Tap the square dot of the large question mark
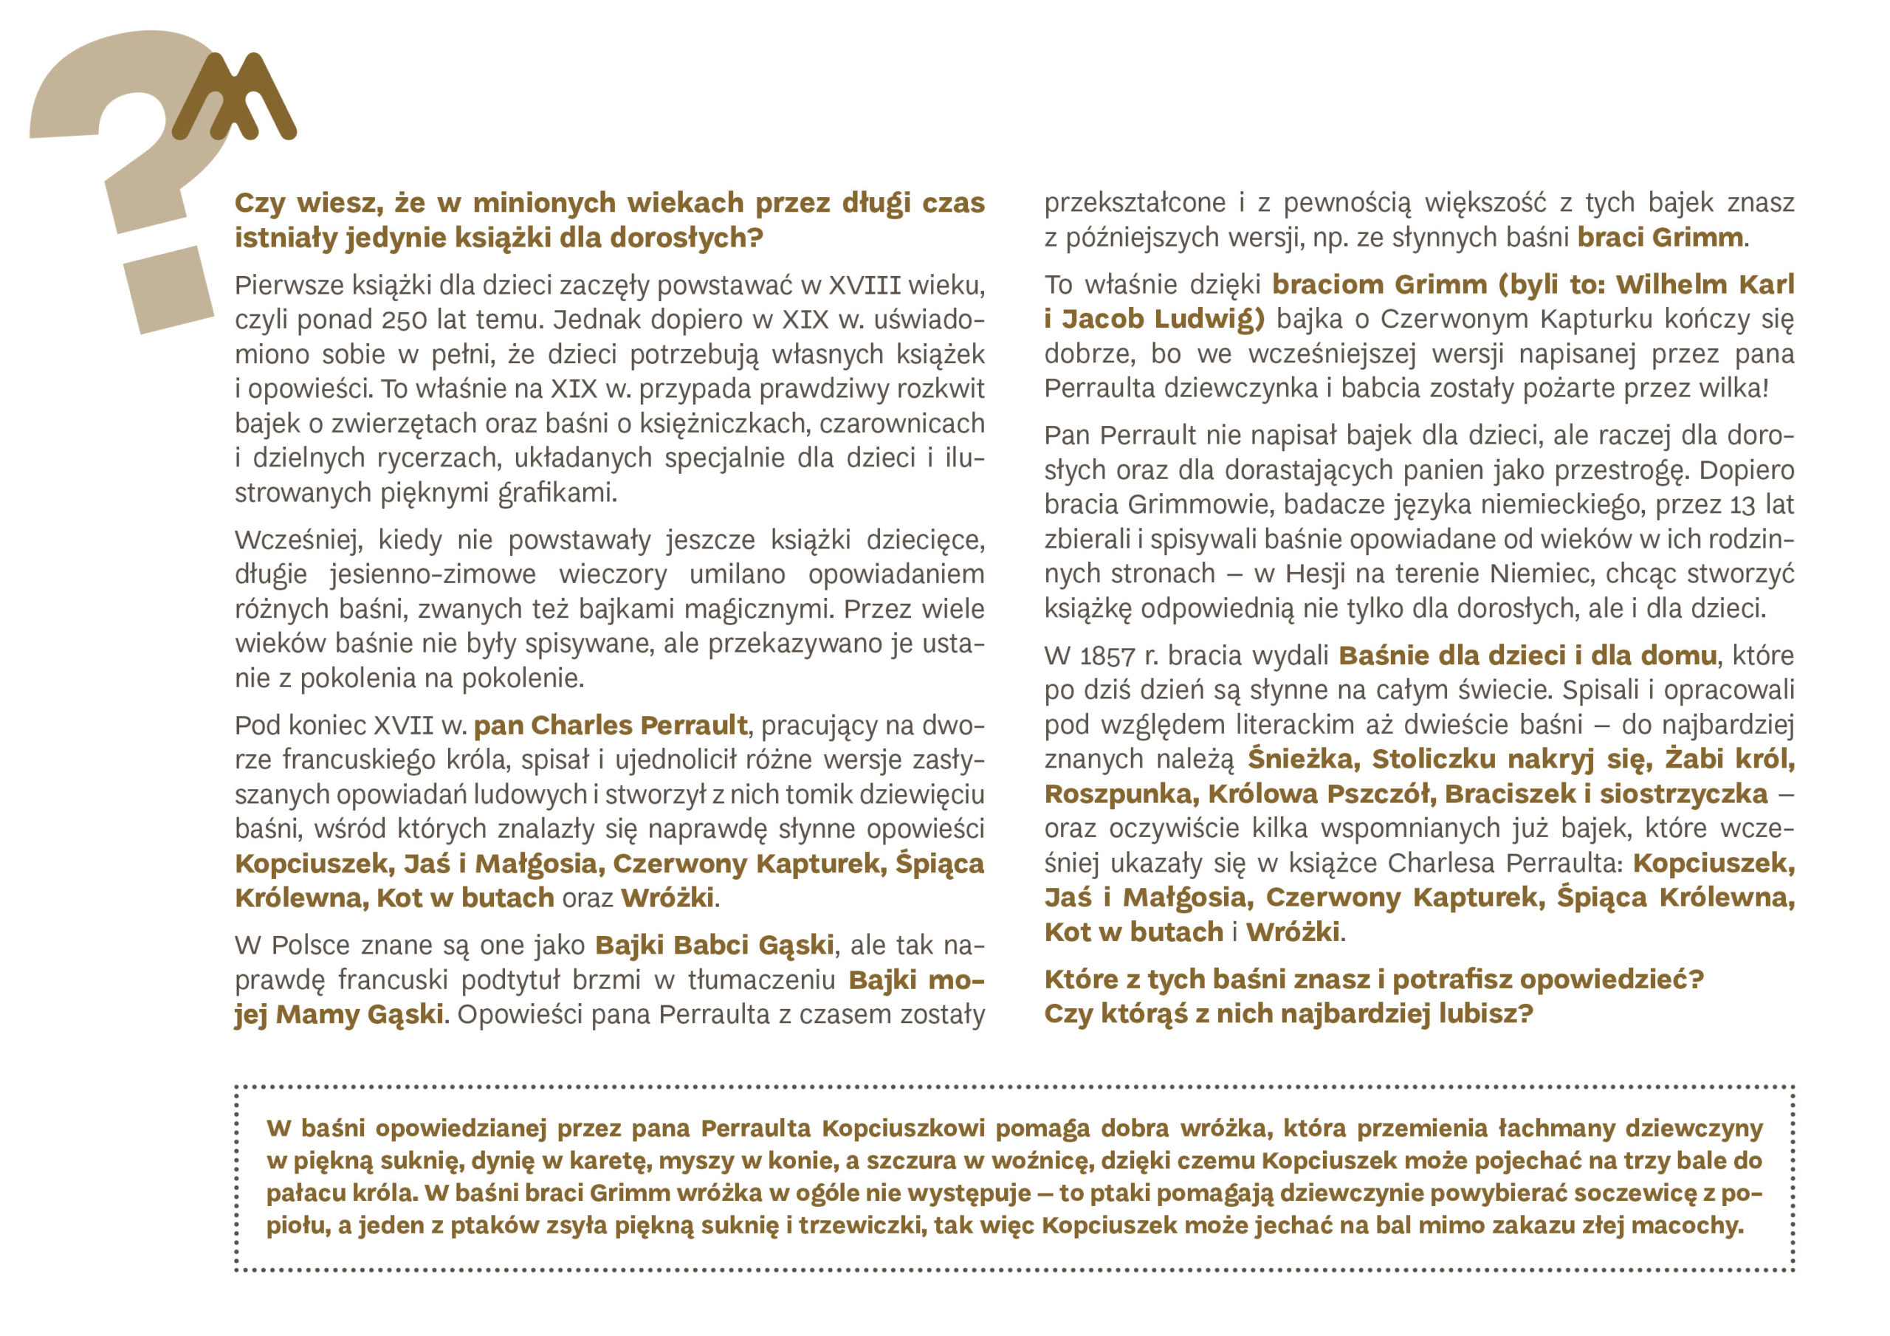pos(169,290)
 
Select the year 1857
pos(1107,656)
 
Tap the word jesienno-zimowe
pos(433,574)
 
